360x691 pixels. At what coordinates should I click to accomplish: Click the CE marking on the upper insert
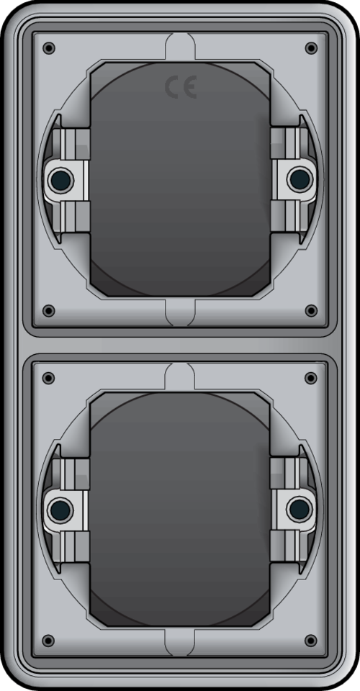coord(180,88)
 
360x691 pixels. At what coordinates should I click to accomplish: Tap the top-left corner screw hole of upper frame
coord(48,48)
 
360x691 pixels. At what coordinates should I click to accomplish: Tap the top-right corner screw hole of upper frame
coord(311,48)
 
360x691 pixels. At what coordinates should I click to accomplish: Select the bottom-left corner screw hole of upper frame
coord(48,311)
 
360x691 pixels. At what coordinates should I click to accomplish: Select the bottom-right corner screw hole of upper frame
coord(311,311)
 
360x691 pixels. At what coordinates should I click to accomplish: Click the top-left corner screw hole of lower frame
coord(48,378)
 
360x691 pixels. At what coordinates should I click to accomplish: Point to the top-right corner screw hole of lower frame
coord(311,378)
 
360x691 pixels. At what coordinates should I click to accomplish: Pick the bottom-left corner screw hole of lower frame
coord(48,641)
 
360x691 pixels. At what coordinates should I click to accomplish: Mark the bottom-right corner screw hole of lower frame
coord(311,641)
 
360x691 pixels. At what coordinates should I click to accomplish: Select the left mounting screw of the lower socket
coord(59,510)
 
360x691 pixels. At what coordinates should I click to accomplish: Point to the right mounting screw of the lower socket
coord(300,510)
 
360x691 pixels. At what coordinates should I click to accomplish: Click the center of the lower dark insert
coord(180,510)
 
